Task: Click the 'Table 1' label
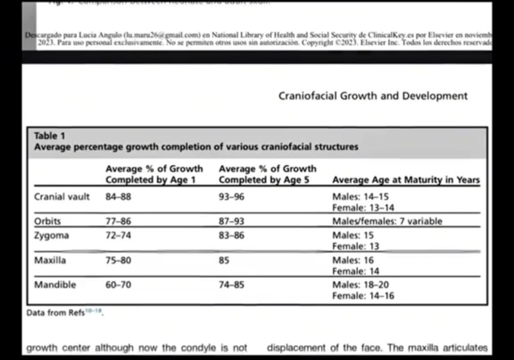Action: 49,136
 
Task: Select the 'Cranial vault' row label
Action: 62,197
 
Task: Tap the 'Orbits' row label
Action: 47,221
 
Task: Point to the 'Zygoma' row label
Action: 51,235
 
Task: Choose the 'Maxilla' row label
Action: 50,261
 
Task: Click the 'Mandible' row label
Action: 55,285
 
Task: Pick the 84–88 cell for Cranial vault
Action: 118,197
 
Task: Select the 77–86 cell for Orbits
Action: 118,221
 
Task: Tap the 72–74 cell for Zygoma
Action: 118,235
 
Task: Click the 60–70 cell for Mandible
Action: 118,285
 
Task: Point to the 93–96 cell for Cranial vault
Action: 231,197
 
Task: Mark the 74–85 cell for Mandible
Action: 231,285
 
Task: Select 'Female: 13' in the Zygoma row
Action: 355,247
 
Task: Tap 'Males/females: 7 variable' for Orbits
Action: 387,221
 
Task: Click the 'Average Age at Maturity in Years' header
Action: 406,180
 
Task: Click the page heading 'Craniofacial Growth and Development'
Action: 372,96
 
